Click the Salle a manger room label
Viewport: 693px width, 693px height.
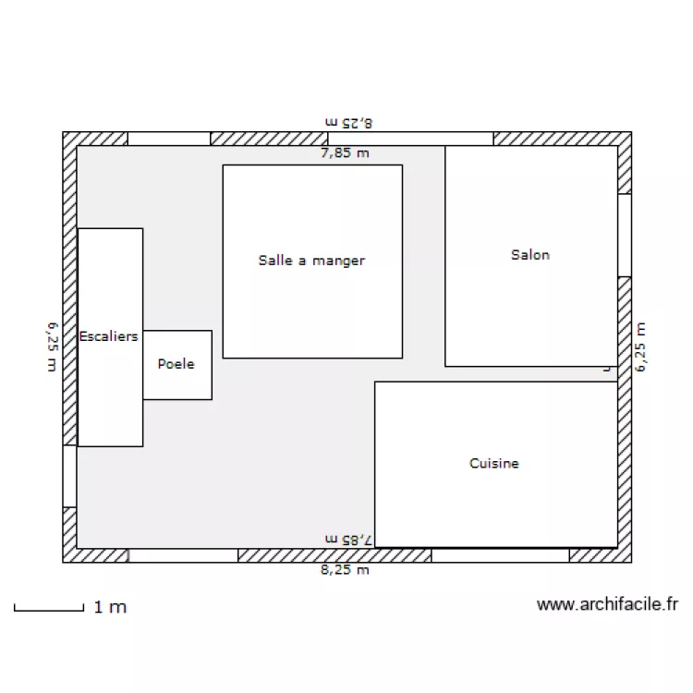[311, 261]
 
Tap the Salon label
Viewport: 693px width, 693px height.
[530, 254]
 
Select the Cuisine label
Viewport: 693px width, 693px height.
[494, 464]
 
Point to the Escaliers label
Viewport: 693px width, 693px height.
[109, 336]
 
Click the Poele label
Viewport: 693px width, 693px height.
[176, 364]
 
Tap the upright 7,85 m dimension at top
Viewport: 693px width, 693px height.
[345, 153]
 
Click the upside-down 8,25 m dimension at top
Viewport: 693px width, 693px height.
[347, 121]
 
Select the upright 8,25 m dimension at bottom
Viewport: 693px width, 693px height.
[345, 570]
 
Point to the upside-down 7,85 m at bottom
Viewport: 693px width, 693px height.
[348, 538]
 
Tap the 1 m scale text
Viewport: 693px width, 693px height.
[110, 607]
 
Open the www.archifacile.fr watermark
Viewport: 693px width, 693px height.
[607, 605]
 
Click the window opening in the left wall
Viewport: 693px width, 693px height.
[69, 477]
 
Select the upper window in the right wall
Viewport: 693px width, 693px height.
[625, 235]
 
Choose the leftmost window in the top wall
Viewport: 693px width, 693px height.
[168, 139]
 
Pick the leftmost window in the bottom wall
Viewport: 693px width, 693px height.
[182, 555]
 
